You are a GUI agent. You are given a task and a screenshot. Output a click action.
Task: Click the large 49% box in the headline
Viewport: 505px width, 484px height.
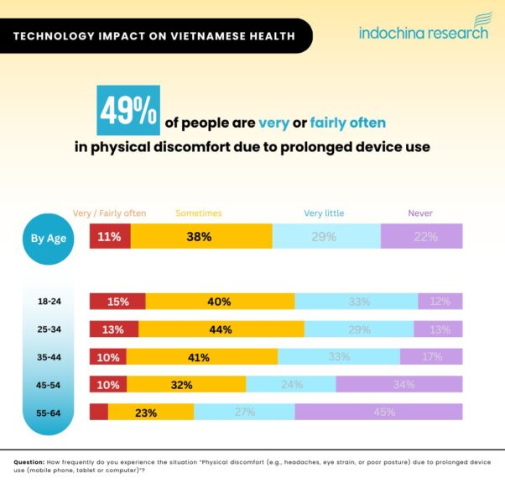(128, 111)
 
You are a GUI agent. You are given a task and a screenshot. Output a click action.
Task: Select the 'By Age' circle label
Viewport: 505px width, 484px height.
(49, 238)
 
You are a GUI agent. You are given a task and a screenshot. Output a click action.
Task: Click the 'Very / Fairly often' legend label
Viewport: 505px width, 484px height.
(110, 213)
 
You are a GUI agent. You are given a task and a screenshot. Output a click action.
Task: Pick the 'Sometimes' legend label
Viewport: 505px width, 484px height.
(199, 213)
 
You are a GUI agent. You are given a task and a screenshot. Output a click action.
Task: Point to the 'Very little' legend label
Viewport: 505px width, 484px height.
(324, 213)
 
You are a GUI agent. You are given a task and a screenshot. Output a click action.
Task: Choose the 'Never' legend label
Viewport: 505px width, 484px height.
(420, 213)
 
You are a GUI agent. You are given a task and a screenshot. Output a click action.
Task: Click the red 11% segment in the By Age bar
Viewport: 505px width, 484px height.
(109, 237)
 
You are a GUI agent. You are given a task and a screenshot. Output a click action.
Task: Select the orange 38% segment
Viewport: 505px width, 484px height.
(200, 237)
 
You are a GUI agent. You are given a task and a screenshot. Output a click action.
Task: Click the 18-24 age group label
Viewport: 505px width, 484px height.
(49, 301)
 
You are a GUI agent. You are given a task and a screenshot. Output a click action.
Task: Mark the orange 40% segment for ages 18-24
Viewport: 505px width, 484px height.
(220, 301)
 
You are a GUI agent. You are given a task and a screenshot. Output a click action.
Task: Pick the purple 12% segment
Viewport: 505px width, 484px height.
(440, 301)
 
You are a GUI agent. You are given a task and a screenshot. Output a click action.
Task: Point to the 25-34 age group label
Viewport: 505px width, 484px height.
(49, 329)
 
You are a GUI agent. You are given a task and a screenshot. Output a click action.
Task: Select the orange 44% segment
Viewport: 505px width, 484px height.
(221, 329)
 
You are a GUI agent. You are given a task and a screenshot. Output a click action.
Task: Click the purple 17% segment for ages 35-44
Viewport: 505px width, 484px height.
(431, 356)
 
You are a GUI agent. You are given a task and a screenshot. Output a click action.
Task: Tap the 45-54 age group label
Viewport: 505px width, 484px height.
(49, 385)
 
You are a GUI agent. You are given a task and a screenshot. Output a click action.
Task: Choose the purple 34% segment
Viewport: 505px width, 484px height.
(399, 385)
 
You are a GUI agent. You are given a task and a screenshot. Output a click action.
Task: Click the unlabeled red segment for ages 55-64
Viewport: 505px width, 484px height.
(99, 412)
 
